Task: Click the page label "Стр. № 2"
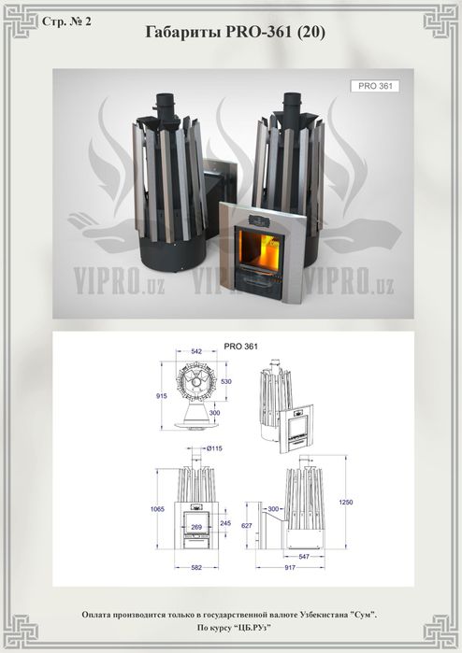(66, 21)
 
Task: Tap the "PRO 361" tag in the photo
(375, 86)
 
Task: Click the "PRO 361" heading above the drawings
(241, 347)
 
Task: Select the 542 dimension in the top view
(196, 351)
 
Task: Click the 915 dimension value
(162, 396)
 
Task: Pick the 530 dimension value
(226, 381)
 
